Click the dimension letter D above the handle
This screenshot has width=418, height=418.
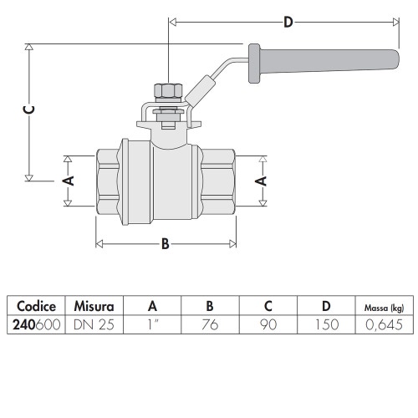[x=288, y=22]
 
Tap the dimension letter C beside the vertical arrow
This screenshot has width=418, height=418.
[x=28, y=110]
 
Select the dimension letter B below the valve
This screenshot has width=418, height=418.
[x=166, y=243]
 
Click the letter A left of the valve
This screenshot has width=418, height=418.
[x=68, y=181]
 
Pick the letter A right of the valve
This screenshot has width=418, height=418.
[x=261, y=181]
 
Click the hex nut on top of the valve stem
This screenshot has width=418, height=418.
[x=168, y=90]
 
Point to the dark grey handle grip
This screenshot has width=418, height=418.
[x=324, y=64]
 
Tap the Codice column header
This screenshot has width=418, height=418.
[x=36, y=306]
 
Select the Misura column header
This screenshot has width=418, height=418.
[x=94, y=306]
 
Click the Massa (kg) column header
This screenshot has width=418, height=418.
[x=384, y=308]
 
